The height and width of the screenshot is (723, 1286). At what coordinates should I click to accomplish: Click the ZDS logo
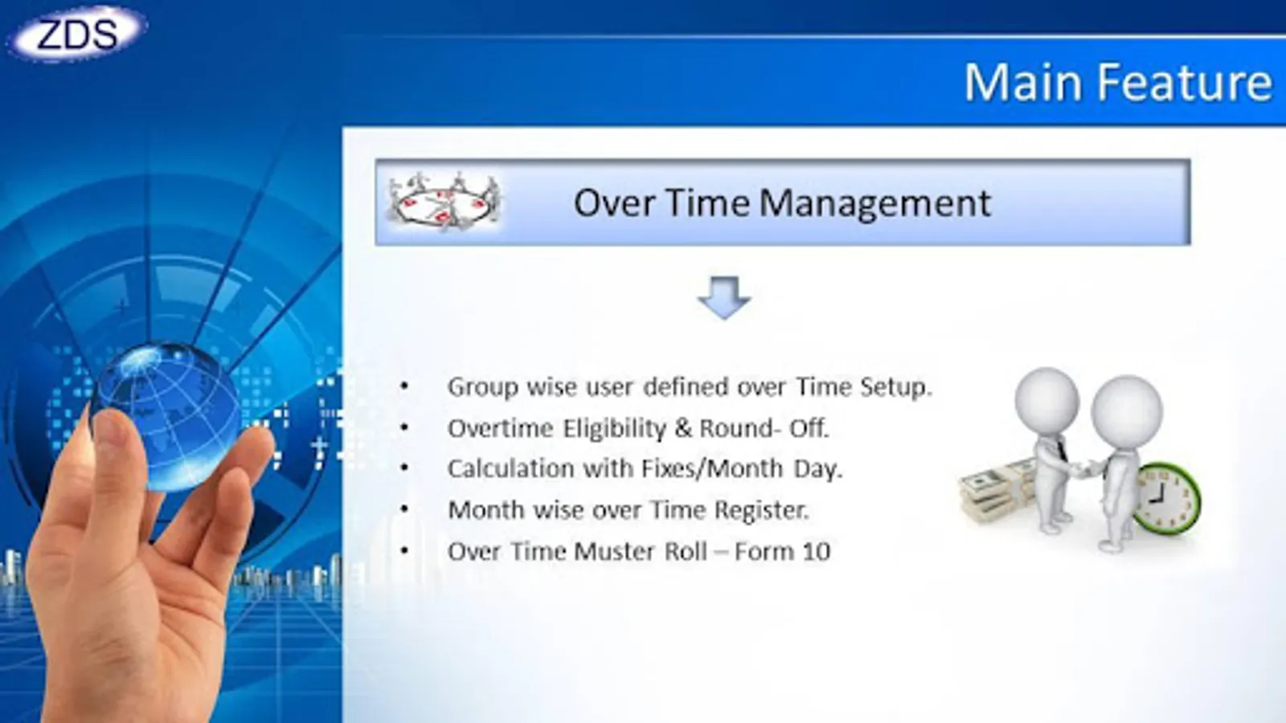click(x=77, y=33)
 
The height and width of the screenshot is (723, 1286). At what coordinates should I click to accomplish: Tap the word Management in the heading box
click(x=875, y=203)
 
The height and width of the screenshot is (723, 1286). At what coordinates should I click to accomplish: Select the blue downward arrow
click(x=724, y=298)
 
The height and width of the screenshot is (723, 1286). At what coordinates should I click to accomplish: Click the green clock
click(x=1166, y=499)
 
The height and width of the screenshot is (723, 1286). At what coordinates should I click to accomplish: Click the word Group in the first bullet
click(x=483, y=388)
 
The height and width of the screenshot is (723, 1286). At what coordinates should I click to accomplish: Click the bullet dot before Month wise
click(x=405, y=509)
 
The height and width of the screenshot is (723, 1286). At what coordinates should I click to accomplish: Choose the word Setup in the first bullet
click(x=896, y=388)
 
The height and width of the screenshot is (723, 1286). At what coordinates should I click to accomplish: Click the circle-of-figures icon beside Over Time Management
click(x=443, y=201)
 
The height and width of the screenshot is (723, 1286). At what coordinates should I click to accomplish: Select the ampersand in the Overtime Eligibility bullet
click(x=683, y=428)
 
